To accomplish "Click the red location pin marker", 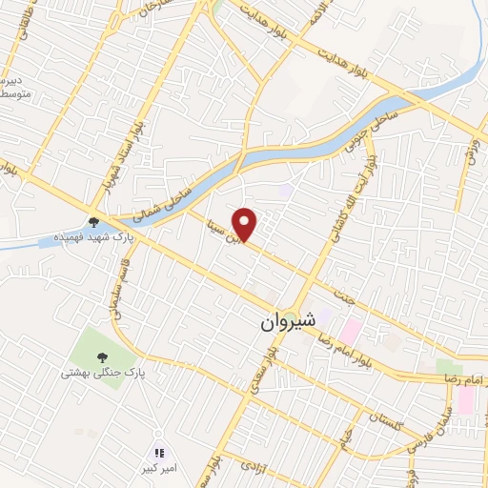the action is tap(246, 224).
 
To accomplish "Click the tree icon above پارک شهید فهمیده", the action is tap(93, 224).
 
